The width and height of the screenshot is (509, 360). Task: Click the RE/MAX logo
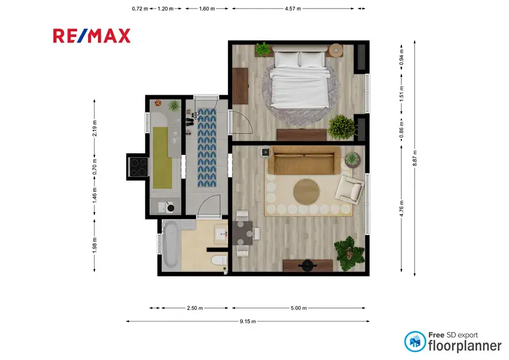[x=92, y=36]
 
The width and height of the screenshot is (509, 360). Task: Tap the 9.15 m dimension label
[x=248, y=321]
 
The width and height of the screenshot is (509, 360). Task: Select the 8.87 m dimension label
[x=415, y=159]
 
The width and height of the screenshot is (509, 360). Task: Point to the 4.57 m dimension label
[x=293, y=9]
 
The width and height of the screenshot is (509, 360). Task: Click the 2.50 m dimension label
[x=195, y=308]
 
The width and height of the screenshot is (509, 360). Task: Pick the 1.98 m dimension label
[x=94, y=245]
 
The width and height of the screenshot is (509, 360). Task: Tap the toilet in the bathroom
[x=219, y=260]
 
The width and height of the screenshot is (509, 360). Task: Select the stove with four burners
[x=138, y=166]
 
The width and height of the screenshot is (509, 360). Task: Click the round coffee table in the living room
[x=306, y=191]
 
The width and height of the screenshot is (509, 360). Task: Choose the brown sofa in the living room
[x=304, y=160]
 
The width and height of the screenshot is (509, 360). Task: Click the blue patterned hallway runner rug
[x=207, y=148]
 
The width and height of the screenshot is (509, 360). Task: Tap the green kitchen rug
[x=162, y=157]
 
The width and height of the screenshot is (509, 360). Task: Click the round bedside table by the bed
[x=336, y=50]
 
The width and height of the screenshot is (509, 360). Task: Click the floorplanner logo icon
[x=415, y=341]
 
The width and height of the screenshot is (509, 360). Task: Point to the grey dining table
[x=242, y=233]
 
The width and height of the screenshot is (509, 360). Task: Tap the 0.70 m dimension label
[x=94, y=166]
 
